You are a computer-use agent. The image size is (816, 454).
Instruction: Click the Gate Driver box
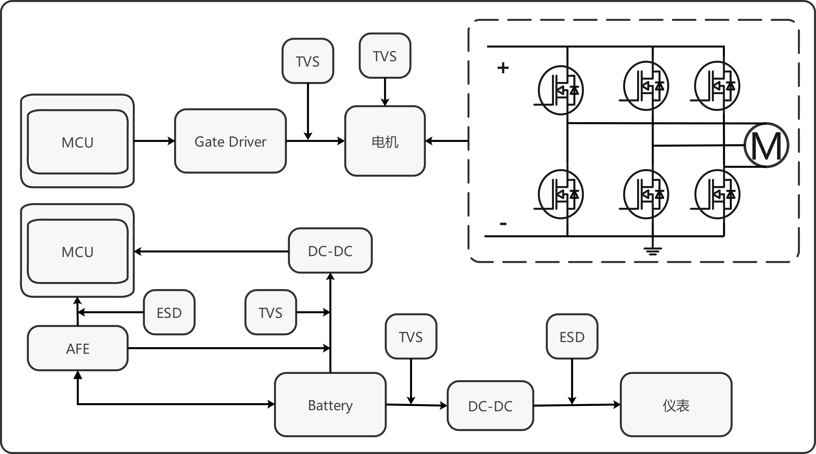230,141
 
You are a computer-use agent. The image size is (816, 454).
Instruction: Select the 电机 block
385,141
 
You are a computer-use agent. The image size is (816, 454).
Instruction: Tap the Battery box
330,405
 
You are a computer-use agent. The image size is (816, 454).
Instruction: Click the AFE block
78,348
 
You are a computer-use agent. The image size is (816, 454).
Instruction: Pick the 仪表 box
676,405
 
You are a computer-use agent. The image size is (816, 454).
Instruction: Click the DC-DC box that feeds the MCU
330,250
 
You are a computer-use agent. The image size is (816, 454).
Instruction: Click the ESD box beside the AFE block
169,312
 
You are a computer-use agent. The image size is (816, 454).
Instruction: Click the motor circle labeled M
766,145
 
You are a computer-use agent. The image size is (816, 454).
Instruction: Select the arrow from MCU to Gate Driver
154,141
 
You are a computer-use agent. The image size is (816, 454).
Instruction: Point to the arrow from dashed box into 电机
447,141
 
